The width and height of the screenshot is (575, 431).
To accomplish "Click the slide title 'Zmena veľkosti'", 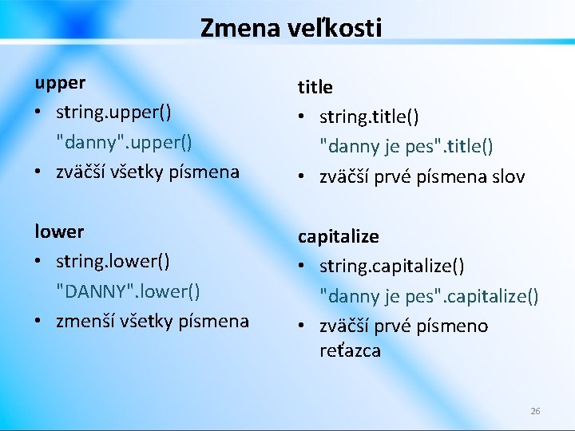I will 291,28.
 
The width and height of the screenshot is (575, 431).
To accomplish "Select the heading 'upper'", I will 59,82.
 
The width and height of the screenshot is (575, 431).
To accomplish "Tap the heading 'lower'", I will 58,231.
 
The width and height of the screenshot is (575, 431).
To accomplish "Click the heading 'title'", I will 315,87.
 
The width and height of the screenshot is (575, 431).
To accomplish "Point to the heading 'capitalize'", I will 339,236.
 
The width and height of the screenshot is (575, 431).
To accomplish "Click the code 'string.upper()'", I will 113,112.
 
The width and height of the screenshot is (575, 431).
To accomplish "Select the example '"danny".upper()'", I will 124,141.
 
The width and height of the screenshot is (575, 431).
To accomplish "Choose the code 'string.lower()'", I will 113,261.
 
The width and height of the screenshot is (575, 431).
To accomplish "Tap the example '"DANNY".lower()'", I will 128,291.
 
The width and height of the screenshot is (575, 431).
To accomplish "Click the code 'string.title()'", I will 370,117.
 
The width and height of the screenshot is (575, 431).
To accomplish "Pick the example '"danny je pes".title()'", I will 406,146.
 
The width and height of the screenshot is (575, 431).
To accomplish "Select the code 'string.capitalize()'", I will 393,266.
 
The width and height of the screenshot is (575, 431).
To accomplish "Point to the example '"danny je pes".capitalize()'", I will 430,295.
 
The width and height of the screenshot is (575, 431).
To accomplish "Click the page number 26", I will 535,411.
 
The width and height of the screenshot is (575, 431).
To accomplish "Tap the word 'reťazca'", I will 350,351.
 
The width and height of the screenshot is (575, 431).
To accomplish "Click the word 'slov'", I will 508,176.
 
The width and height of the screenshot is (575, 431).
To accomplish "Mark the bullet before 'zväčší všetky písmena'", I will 39,172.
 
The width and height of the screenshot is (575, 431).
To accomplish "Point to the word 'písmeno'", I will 454,326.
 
